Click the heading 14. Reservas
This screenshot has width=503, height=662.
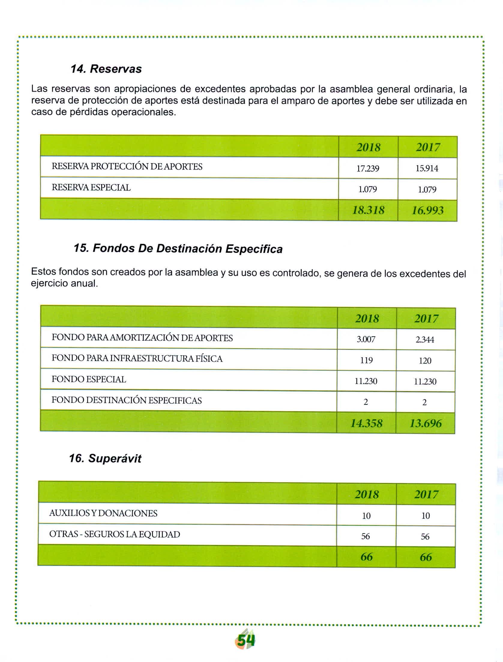[106, 69]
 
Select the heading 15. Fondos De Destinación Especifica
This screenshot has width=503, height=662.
[178, 249]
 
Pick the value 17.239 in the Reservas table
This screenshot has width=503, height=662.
[368, 169]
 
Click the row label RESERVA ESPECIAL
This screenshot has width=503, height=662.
[91, 188]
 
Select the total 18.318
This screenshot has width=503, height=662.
[368, 210]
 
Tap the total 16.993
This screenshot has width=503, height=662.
[427, 210]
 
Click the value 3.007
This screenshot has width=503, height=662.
[366, 339]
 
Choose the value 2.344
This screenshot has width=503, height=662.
[425, 340]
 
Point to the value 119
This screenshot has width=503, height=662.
[366, 360]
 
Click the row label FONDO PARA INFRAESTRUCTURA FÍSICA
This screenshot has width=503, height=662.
[137, 359]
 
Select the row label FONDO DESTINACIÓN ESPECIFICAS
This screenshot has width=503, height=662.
[127, 400]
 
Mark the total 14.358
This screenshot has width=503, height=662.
[366, 423]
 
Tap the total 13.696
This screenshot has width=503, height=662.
[426, 423]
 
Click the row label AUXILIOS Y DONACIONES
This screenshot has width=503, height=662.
[103, 513]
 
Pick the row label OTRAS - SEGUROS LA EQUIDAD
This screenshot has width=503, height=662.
[115, 534]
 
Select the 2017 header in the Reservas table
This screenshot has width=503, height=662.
[428, 147]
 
